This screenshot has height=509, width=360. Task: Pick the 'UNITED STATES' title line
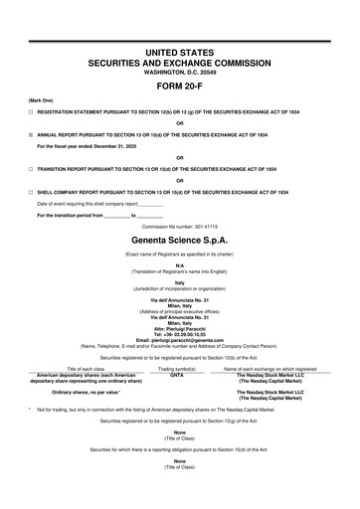coord(179,49)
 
